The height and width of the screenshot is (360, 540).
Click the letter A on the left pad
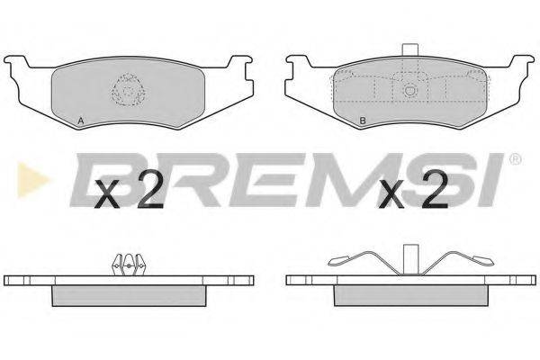click(81, 121)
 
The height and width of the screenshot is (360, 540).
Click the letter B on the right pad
click(363, 121)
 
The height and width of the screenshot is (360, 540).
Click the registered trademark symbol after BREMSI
click(515, 159)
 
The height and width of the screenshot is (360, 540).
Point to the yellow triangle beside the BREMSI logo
click(32, 179)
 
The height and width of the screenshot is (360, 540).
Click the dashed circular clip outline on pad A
click(128, 89)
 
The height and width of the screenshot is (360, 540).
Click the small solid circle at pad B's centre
click(409, 90)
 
